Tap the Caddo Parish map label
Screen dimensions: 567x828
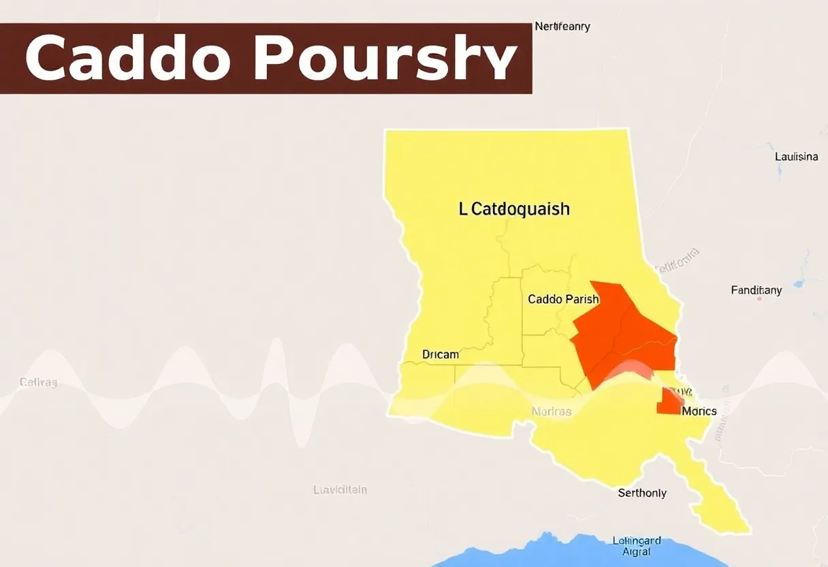(x=563, y=299)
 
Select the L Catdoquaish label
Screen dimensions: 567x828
(x=514, y=209)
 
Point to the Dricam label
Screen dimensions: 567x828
(x=441, y=354)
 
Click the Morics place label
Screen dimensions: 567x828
(x=699, y=412)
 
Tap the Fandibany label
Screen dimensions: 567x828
(x=756, y=290)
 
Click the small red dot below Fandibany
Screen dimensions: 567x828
(x=759, y=298)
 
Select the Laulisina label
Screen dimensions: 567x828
(x=796, y=157)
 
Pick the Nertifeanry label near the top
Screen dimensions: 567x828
(x=562, y=27)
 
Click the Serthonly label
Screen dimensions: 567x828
(x=642, y=493)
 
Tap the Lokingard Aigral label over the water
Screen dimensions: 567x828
(x=636, y=546)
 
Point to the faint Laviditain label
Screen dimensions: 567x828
(x=340, y=489)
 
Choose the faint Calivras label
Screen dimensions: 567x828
(x=38, y=382)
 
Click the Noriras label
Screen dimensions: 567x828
(x=552, y=412)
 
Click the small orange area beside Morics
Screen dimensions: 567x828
(x=669, y=403)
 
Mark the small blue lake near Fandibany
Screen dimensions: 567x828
(x=798, y=283)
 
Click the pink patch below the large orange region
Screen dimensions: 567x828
(x=630, y=372)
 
